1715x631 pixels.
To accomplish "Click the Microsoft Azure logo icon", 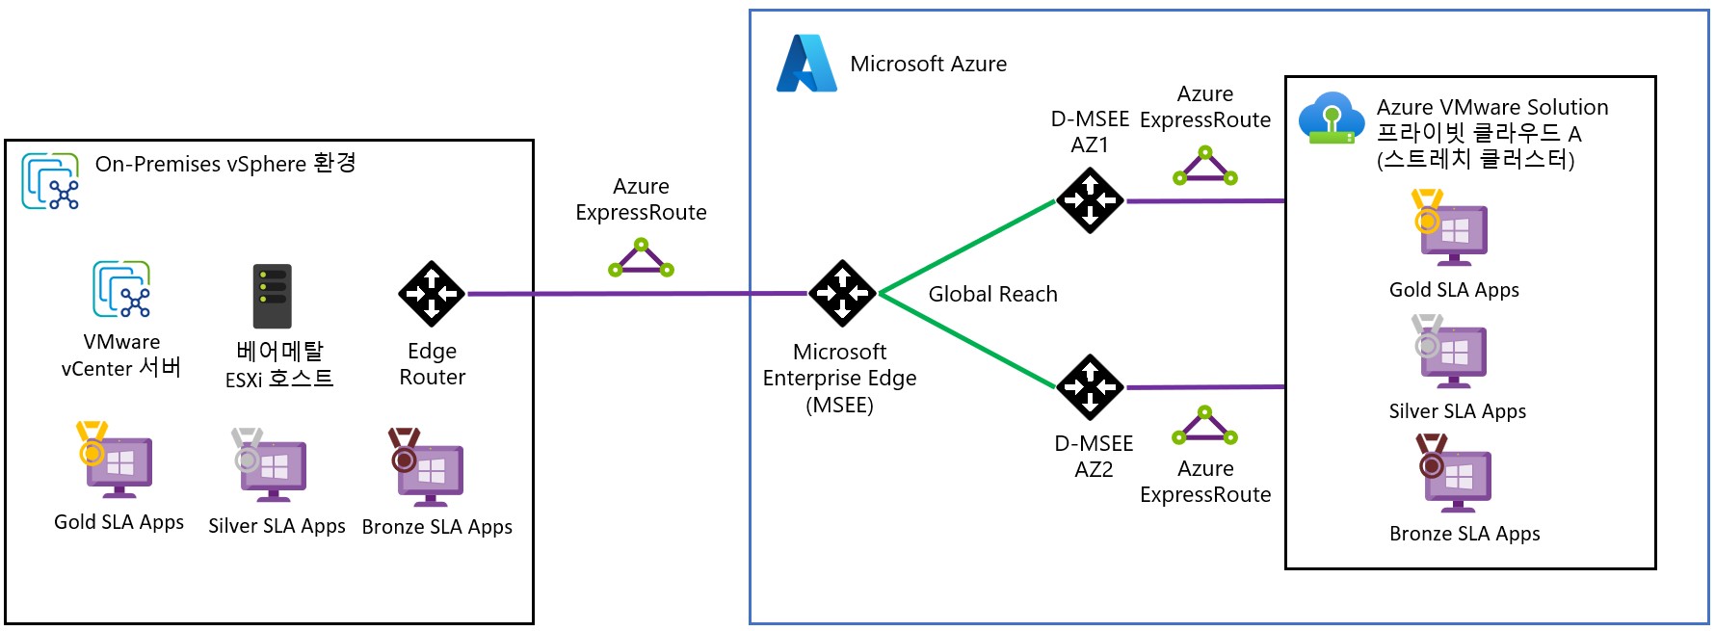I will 806,64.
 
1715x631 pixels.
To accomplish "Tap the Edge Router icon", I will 431,294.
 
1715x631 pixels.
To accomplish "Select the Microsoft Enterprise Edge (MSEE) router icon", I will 841,293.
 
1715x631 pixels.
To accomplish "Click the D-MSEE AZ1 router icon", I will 1090,200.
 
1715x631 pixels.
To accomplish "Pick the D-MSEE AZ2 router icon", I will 1090,387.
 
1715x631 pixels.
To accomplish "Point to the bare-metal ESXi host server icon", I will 272,297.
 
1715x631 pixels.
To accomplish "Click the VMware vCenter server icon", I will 121,289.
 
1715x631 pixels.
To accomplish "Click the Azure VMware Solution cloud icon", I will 1331,118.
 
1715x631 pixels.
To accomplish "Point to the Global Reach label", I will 992,294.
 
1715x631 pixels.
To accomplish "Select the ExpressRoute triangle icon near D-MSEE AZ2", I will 1204,426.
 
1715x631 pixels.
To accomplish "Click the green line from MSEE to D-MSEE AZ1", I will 967,247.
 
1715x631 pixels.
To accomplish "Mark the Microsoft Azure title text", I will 928,64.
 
